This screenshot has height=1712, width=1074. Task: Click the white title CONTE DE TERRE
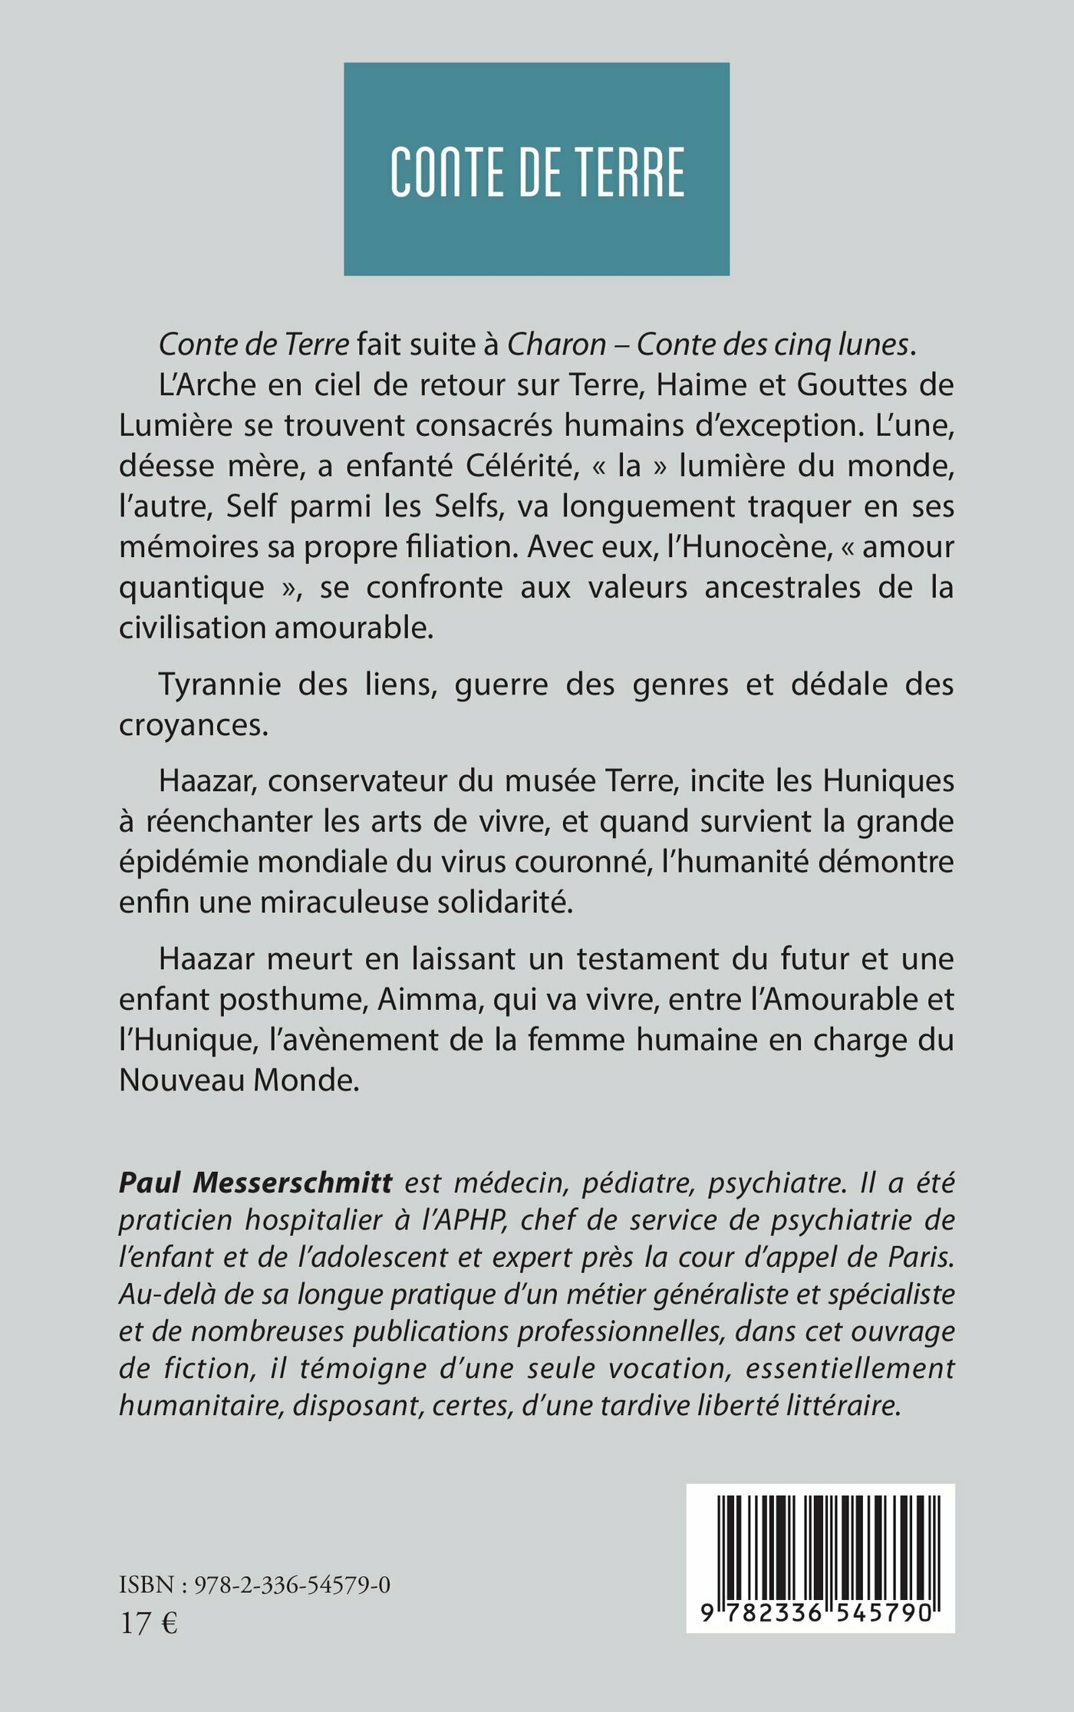[537, 172]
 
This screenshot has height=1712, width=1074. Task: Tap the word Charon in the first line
[557, 345]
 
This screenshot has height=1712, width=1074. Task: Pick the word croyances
[193, 725]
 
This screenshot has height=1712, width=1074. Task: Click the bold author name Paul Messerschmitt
[255, 1183]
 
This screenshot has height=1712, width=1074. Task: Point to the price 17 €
[149, 1624]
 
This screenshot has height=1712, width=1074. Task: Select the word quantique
[192, 588]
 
